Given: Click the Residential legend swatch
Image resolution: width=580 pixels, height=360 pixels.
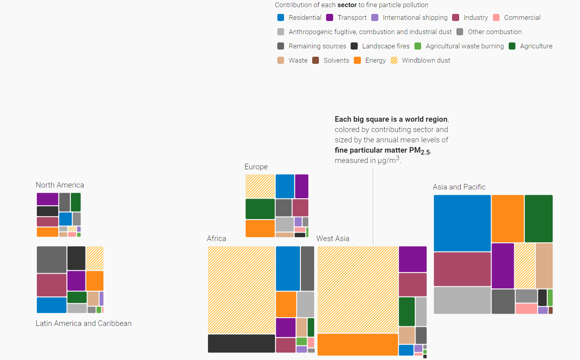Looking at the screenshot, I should [x=281, y=17].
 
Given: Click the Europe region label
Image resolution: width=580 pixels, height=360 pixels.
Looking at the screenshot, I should [x=256, y=167].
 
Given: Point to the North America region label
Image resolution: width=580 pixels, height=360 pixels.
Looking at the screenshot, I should [x=60, y=185].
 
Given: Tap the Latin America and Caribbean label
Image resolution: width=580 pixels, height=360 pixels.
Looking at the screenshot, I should [x=84, y=324].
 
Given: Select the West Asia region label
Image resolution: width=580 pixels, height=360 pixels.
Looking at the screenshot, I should [x=333, y=239].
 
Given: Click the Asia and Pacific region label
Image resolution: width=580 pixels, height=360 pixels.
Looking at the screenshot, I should [x=459, y=187].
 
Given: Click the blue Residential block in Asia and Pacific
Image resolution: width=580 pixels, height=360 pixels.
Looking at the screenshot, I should [x=462, y=223].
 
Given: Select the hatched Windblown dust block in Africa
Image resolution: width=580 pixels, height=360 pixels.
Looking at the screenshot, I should [x=241, y=290].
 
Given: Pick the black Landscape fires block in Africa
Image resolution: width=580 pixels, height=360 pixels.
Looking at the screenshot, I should [x=241, y=343].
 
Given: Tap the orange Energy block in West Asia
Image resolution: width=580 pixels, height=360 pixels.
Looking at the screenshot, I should [x=357, y=345].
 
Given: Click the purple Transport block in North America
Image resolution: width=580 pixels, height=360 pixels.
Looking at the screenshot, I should [x=48, y=199].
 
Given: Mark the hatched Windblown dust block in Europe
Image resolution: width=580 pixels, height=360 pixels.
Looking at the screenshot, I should [x=260, y=186].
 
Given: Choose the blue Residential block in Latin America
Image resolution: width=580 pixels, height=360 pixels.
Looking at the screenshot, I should [x=52, y=305].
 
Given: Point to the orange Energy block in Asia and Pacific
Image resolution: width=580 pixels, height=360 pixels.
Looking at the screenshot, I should [x=507, y=218].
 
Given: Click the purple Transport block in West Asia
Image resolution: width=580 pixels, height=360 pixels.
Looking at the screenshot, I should [x=412, y=259].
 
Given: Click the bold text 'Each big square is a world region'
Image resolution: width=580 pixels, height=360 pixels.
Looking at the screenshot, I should [x=391, y=119].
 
